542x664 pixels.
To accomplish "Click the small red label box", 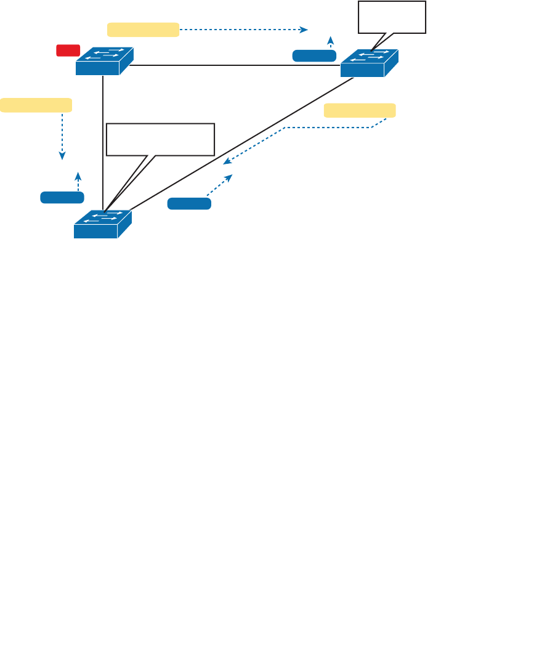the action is click(x=68, y=51).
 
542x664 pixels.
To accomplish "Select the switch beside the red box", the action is click(x=104, y=61).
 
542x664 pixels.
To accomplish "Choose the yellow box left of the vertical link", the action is click(x=36, y=105).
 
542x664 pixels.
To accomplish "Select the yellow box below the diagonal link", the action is click(x=360, y=110).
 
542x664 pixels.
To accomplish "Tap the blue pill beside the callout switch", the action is click(x=314, y=56).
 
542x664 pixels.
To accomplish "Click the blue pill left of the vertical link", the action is click(x=62, y=197).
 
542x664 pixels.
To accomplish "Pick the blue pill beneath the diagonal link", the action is click(x=189, y=204).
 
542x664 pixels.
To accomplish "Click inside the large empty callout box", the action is click(x=160, y=139).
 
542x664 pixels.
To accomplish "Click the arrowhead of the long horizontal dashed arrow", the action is click(x=304, y=29).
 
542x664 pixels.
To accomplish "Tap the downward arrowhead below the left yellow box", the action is click(x=62, y=156).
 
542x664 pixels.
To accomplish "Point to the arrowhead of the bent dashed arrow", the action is click(x=226, y=162).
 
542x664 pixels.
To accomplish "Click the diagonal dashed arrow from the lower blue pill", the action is click(x=220, y=185).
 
